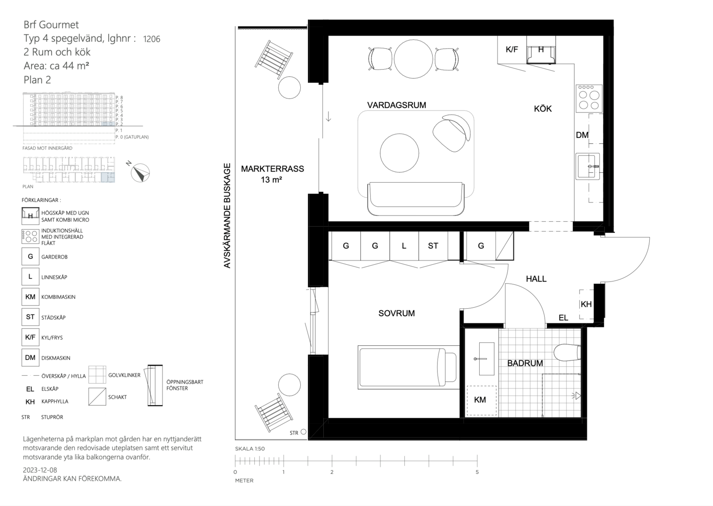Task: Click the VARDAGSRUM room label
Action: point(397,105)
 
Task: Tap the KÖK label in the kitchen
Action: point(542,109)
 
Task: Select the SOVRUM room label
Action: point(397,313)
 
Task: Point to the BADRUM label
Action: point(525,363)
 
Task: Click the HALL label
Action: point(536,279)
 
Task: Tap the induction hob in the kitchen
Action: point(589,98)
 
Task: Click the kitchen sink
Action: point(587,166)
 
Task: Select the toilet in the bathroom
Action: point(567,352)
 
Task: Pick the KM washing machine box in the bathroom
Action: point(481,400)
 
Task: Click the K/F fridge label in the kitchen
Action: point(512,49)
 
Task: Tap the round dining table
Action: point(414,59)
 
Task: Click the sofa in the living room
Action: point(416,199)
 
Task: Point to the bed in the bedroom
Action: point(408,367)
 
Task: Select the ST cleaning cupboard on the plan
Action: point(433,246)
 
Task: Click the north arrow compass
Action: point(140,173)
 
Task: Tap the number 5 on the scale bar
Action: point(477,472)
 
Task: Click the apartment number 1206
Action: point(151,39)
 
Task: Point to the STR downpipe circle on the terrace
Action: point(304,432)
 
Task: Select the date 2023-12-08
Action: point(40,470)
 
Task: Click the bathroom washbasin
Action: point(486,358)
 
